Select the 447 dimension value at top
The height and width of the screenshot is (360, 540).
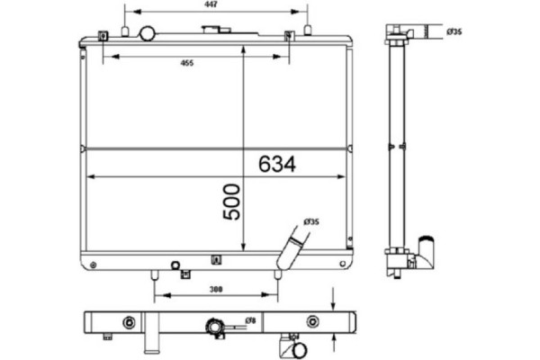(x=210, y=4)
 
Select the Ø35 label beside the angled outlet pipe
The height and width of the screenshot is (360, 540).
(x=311, y=221)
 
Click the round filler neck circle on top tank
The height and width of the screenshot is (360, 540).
(x=148, y=33)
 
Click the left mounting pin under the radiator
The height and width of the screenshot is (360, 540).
(x=156, y=273)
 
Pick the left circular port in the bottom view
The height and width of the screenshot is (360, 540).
(x=128, y=322)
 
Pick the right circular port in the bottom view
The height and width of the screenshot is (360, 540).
(x=311, y=322)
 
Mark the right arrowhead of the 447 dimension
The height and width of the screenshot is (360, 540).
(x=306, y=12)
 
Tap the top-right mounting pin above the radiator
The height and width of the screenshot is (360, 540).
(x=308, y=31)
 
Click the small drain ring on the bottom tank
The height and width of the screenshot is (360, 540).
(x=175, y=265)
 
